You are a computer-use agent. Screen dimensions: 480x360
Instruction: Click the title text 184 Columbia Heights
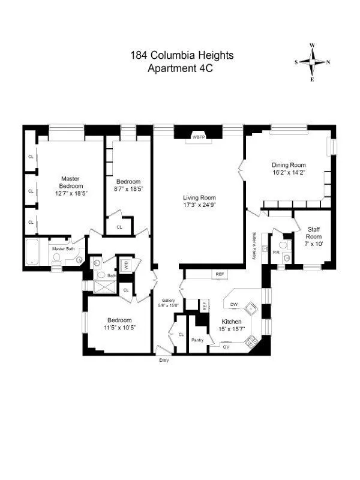182,56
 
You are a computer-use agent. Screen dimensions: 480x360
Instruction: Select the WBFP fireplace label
198,137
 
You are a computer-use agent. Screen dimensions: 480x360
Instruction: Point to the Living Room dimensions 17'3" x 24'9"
199,205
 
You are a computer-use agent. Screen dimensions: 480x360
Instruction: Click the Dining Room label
289,165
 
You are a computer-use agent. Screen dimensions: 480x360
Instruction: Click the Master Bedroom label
71,182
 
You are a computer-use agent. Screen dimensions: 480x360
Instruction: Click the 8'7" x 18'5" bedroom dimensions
128,189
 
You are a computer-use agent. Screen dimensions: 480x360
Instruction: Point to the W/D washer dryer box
126,265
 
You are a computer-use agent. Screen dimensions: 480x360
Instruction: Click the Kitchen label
231,322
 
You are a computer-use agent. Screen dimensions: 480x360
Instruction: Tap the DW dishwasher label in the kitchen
234,305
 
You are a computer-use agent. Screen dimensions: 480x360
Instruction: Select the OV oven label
226,347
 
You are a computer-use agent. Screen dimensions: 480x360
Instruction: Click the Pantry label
197,340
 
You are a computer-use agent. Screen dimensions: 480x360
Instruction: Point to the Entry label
164,360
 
